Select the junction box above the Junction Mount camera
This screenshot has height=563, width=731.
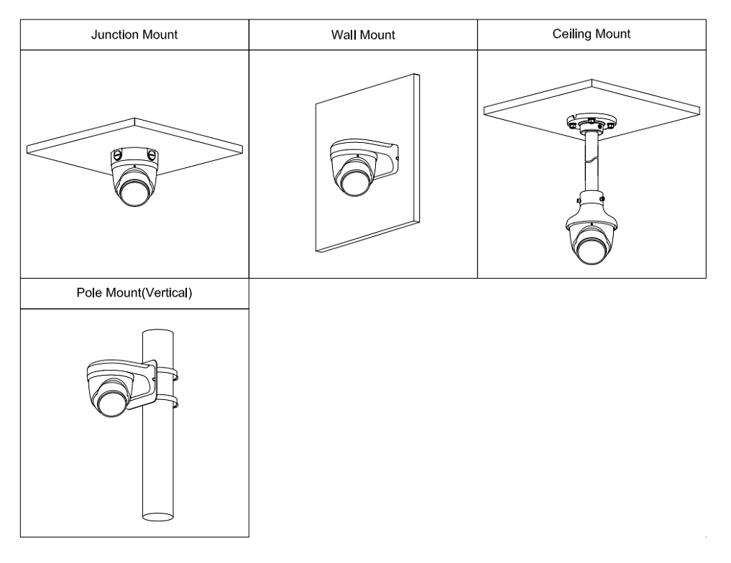click(x=134, y=156)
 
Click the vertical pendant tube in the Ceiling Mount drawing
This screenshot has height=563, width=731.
click(x=592, y=162)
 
